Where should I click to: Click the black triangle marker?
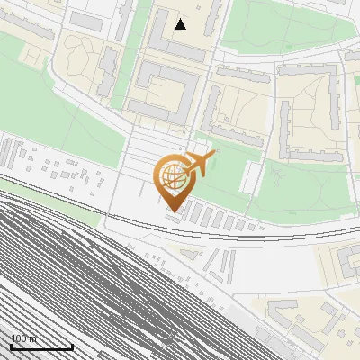tap(181, 24)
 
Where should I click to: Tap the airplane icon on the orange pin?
tap(200, 164)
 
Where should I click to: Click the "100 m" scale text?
tap(24, 339)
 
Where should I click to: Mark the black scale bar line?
tap(41, 347)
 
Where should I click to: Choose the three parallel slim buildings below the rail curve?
tap(211, 263)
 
